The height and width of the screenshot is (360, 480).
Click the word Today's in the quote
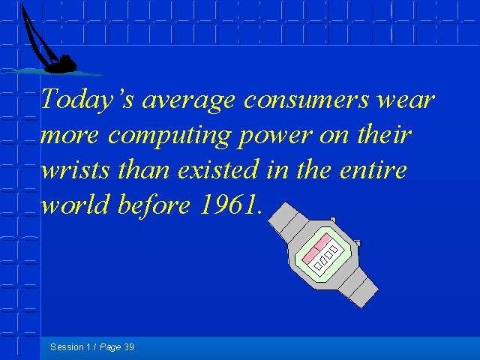point(87,99)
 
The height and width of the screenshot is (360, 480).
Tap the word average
point(188,102)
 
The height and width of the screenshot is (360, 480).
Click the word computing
point(169,136)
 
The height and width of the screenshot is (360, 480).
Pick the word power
point(274,136)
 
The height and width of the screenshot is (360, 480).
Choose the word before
point(154,204)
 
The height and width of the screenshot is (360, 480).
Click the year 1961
point(228,204)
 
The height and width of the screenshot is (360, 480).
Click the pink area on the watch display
point(316,247)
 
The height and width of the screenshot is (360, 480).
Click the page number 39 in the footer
point(129,346)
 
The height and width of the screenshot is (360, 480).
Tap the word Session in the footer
point(67,346)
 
